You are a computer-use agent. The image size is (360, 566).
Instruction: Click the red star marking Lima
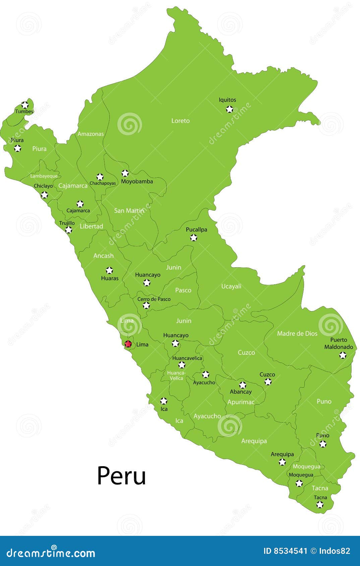[128, 344]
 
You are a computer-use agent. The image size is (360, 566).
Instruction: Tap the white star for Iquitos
[229, 109]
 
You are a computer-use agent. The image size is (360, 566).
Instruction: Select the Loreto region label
[180, 121]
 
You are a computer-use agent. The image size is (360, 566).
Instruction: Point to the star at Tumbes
[25, 105]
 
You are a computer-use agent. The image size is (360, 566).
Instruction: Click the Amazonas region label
[91, 134]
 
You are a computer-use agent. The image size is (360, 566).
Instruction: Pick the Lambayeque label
[44, 176]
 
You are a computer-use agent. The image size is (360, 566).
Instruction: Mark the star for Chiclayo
[44, 195]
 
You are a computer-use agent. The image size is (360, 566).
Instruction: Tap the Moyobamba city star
[125, 173]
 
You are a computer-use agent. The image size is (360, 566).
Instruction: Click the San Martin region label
[129, 211]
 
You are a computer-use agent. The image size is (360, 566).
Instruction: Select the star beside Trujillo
[69, 230]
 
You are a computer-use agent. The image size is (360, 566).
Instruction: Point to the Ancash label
[104, 256]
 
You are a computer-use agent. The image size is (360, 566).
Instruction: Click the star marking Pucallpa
[193, 238]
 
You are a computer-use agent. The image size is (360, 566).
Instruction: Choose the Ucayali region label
[231, 286]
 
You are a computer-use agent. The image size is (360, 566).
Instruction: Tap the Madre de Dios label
[297, 334]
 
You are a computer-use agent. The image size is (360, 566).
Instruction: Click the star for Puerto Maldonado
[343, 355]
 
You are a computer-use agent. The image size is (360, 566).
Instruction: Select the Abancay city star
[242, 385]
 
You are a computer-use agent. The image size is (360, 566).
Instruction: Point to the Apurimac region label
[241, 402]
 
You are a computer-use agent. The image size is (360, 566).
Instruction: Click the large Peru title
[121, 476]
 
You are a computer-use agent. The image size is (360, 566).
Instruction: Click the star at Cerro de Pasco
[146, 305]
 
